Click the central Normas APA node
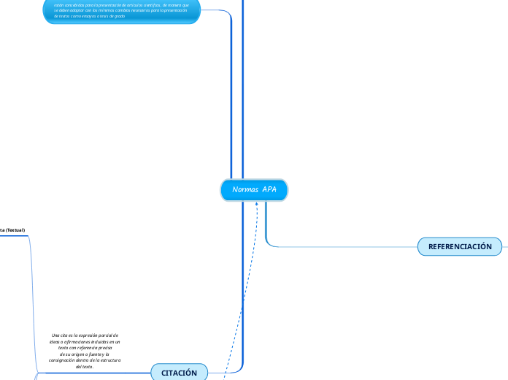pyautogui.click(x=254, y=190)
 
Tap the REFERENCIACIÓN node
pyautogui.click(x=460, y=247)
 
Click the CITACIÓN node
pyautogui.click(x=179, y=373)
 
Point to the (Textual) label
pyautogui.click(x=15, y=230)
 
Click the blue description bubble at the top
pyautogui.click(x=121, y=12)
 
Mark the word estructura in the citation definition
pyautogui.click(x=108, y=360)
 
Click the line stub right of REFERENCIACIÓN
pyautogui.click(x=505, y=247)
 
